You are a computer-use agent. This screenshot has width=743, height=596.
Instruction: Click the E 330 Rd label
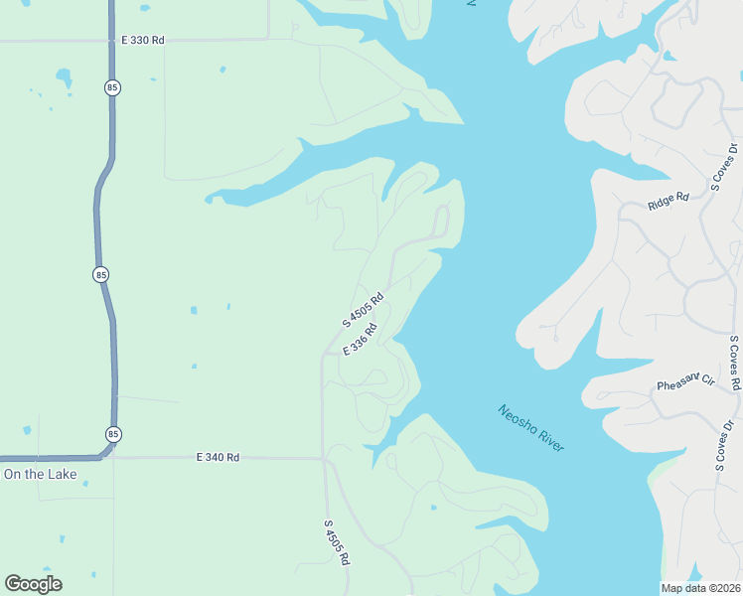(143, 40)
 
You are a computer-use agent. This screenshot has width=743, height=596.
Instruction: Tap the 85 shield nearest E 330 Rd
(110, 87)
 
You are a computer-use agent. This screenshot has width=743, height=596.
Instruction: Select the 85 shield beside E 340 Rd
(112, 434)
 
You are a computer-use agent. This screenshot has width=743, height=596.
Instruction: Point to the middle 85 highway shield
(100, 273)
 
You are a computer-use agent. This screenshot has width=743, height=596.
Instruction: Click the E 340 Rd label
(219, 457)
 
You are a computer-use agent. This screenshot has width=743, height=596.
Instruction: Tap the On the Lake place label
(40, 475)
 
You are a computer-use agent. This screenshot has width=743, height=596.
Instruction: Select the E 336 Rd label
(361, 340)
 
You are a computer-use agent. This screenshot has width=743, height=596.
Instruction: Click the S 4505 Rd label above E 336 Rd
(363, 310)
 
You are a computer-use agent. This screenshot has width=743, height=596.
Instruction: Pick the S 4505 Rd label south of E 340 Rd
(337, 542)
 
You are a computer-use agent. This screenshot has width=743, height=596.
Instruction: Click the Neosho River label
(531, 428)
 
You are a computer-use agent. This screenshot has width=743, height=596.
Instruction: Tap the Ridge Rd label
(668, 202)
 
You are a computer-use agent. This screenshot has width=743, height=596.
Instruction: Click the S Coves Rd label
(734, 363)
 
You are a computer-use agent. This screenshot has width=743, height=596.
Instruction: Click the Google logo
(34, 584)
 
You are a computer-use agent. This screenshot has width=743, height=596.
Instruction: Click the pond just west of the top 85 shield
(64, 75)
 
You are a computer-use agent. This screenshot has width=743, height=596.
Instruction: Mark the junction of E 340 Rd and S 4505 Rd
(324, 459)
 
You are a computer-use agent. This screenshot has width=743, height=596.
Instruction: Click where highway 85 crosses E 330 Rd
(110, 41)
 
